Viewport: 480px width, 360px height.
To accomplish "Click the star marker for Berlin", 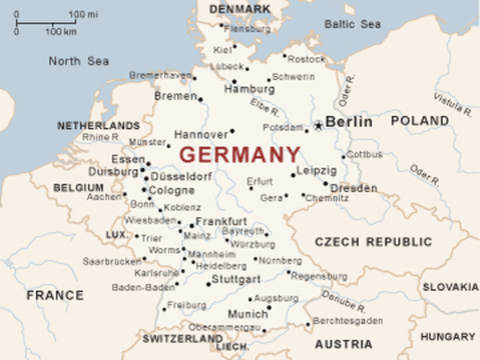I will point(318,124).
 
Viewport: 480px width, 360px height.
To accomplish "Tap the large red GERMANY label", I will point(240,155).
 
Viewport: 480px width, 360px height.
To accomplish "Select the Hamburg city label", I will point(249,89).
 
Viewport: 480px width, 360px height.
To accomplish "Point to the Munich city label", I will point(247,314).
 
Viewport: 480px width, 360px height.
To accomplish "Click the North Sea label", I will point(79,61).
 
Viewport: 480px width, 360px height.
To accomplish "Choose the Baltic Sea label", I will point(352,24).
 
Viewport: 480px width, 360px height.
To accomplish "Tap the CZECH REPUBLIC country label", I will point(373,242).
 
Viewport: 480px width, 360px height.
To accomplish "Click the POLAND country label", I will point(420,121).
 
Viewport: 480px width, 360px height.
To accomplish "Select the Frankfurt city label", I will point(221,221).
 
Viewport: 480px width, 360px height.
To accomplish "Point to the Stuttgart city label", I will point(236,279).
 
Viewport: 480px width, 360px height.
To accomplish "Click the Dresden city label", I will point(353,188).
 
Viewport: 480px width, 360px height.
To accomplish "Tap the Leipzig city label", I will point(316,171).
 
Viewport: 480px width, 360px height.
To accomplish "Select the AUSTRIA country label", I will point(343,344).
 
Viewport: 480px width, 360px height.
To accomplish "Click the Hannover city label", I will point(200,135).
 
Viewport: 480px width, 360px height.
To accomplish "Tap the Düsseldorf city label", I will point(181,177).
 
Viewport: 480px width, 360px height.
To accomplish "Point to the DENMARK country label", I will point(240,9).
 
